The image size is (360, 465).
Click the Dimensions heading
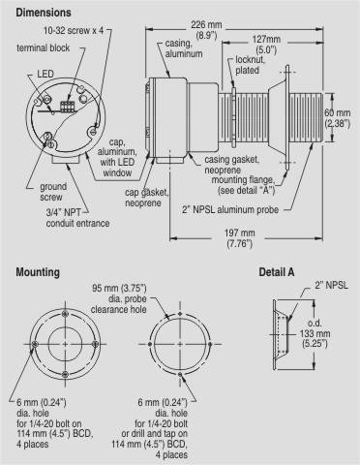click(44, 13)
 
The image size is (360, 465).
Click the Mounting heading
click(38, 272)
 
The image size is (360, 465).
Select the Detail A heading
click(277, 272)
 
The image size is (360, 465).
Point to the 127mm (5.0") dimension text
click(266, 45)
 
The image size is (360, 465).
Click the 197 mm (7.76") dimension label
click(239, 238)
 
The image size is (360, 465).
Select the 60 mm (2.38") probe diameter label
click(337, 118)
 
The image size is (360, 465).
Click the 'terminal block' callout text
click(44, 48)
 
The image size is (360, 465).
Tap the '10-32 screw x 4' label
click(74, 31)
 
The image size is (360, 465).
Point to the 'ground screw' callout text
click(53, 192)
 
